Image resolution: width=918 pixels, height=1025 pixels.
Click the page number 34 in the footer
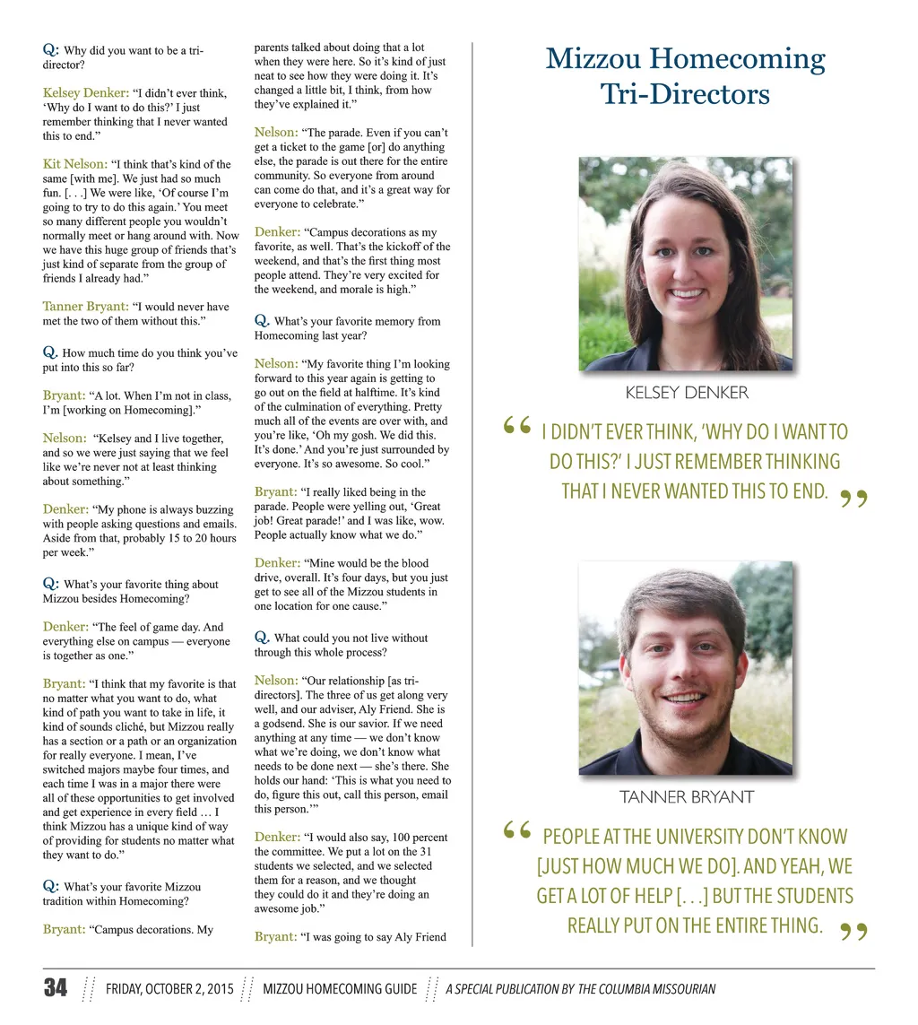[x=55, y=988]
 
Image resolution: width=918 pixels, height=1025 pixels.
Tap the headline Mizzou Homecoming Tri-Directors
[x=685, y=75]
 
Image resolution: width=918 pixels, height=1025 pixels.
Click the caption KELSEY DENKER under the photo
[x=686, y=392]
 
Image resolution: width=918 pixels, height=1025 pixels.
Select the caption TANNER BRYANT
[x=686, y=796]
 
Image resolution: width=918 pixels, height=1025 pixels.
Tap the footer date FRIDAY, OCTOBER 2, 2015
[x=169, y=989]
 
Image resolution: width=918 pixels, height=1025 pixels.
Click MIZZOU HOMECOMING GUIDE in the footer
[x=340, y=989]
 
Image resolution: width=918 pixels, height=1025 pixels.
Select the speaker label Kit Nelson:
[x=75, y=164]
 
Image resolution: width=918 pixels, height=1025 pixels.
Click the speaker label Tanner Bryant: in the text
[x=85, y=306]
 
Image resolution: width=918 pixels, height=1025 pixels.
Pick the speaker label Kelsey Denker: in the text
[x=85, y=92]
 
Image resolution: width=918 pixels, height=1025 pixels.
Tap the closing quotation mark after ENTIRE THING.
[x=855, y=934]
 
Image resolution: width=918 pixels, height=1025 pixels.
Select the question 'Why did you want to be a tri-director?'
[x=123, y=57]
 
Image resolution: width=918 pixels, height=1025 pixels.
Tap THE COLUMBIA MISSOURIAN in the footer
[x=646, y=989]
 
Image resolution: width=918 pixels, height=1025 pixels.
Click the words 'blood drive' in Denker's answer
[x=412, y=570]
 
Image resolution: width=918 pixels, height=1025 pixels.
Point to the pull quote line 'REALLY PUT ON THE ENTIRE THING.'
[x=695, y=925]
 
